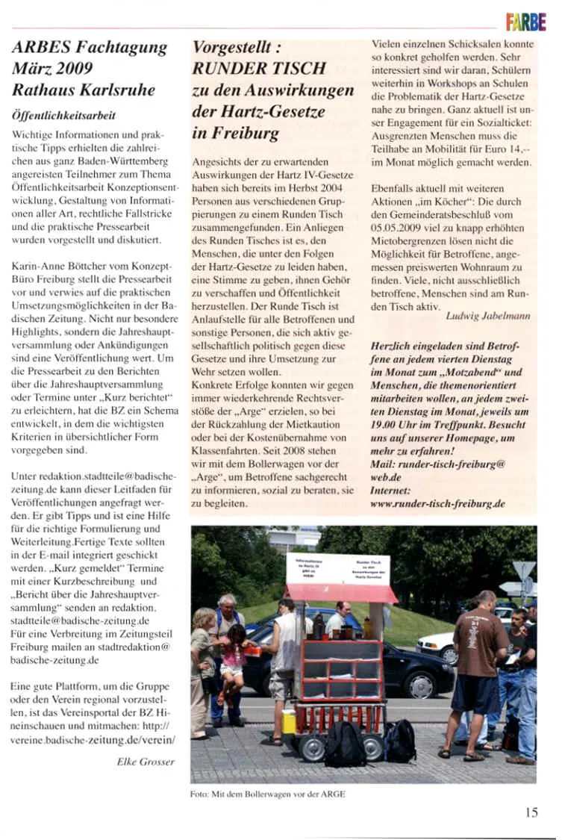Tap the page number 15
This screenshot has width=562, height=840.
click(531, 813)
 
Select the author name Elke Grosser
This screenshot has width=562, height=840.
click(146, 761)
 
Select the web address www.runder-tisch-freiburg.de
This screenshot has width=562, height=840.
click(437, 504)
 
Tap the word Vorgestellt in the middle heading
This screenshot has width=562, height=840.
click(231, 49)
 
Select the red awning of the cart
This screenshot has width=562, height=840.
click(343, 593)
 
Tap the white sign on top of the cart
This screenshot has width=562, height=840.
click(337, 568)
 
